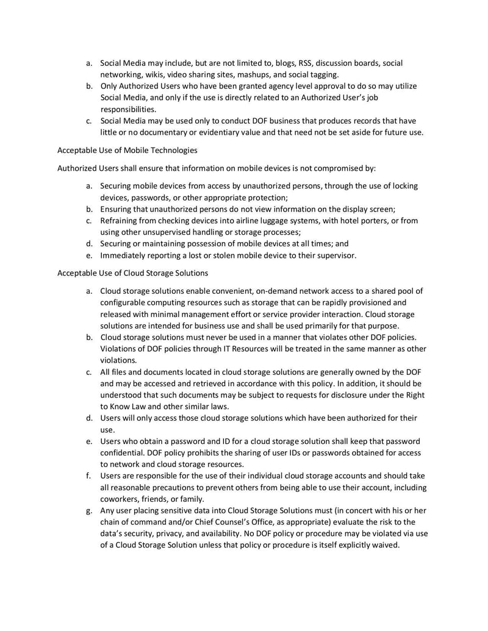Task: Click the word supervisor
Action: (337, 255)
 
